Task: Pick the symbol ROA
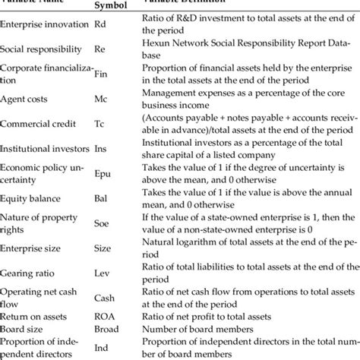104,317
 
